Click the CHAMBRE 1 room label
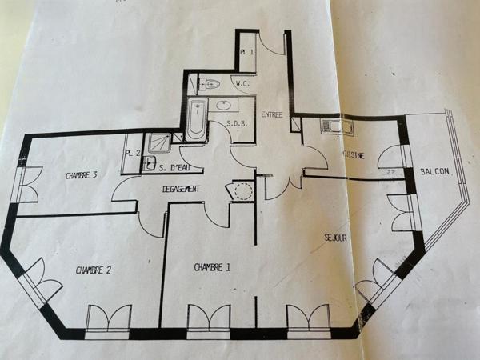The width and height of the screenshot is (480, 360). tap(212, 266)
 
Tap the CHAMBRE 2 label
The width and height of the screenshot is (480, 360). tap(93, 270)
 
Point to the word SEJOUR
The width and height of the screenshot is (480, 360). tap(335, 238)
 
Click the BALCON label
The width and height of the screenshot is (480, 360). tap(434, 172)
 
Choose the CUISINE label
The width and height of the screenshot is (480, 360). tap(353, 154)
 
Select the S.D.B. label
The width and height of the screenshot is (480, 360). tap(236, 124)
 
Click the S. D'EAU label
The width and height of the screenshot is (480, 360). tap(174, 167)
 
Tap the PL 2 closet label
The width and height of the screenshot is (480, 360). tap(132, 153)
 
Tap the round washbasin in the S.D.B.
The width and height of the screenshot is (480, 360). tap(225, 104)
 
